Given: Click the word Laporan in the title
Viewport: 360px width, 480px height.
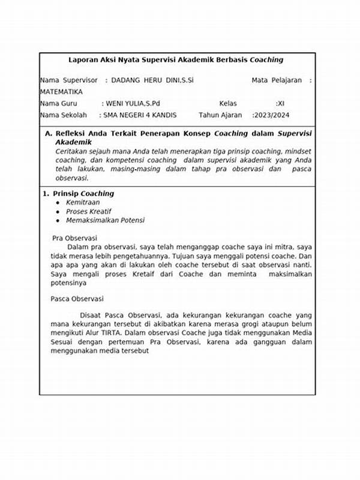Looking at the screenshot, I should [82, 60].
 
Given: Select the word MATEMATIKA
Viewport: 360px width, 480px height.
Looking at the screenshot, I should [61, 92].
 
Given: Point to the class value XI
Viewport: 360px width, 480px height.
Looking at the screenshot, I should [280, 103].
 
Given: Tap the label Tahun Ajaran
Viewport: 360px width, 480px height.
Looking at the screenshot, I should [220, 115].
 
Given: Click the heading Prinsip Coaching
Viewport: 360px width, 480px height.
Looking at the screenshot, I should [83, 194].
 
